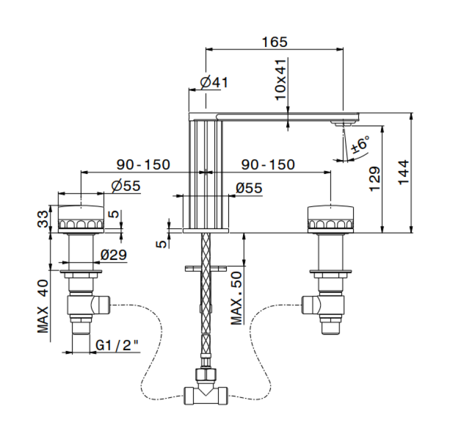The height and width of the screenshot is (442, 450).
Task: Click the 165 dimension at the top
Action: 275,42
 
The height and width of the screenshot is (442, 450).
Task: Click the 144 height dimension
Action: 403,172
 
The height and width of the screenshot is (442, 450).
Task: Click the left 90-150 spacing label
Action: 143,164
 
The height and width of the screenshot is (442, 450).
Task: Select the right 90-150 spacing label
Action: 268,164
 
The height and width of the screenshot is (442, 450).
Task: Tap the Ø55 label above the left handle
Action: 126,186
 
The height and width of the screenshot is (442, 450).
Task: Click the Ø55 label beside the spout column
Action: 248,188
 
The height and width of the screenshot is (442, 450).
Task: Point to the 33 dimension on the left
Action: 44,218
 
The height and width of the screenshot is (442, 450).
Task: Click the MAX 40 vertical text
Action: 44,306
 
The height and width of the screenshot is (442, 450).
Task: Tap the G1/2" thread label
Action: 117,345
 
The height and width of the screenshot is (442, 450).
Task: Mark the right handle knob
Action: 330,219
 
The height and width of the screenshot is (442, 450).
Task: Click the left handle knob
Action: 80,219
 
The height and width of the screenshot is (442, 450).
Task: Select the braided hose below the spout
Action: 205,295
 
